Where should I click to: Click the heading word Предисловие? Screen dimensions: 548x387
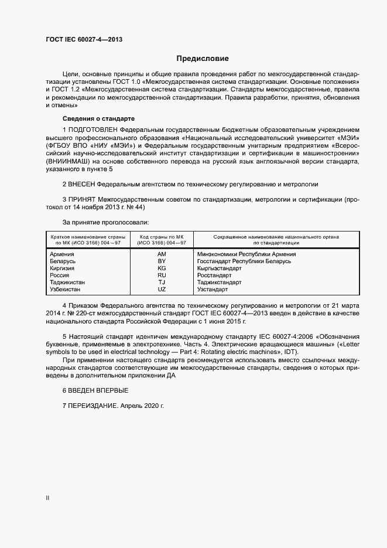pos(203,59)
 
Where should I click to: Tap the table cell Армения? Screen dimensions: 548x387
pos(63,254)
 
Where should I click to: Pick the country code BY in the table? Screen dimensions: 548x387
pos(162,261)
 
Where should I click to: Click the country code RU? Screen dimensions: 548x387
pos(162,275)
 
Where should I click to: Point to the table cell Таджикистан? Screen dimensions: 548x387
pos(68,282)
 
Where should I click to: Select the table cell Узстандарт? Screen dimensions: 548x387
pos(213,290)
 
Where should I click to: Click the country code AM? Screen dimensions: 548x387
pos(162,254)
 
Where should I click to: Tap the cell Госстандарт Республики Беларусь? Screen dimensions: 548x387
pos(244,261)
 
